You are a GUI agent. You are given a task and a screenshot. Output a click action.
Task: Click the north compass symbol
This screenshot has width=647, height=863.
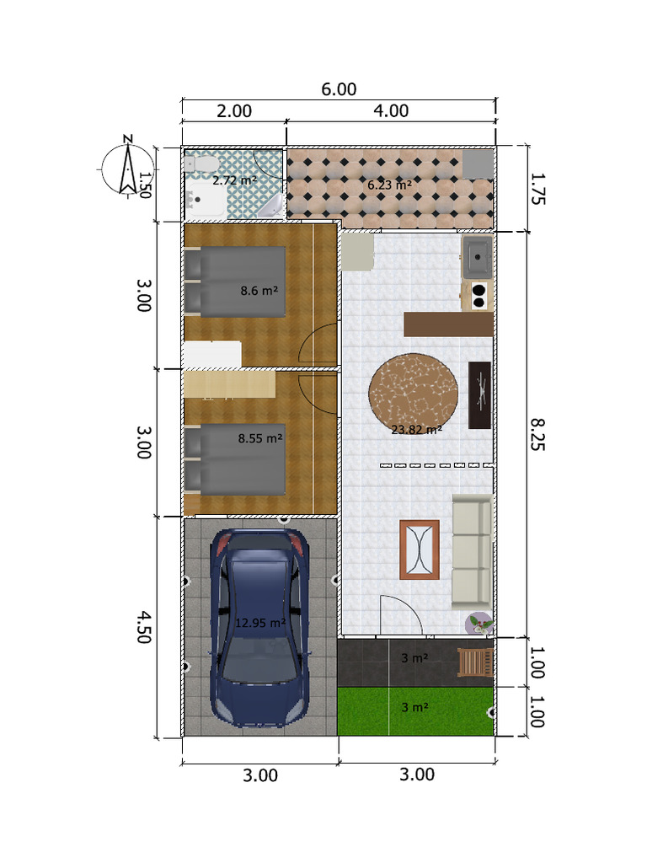point(126,166)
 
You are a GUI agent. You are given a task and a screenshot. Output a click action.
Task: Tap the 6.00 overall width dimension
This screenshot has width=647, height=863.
point(339,89)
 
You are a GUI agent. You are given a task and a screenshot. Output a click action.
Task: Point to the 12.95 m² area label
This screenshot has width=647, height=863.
point(260,623)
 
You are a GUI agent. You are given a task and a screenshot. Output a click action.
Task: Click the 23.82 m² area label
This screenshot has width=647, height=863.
point(416,429)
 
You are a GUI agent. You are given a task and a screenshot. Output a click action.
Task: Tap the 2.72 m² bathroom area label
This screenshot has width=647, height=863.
point(234,180)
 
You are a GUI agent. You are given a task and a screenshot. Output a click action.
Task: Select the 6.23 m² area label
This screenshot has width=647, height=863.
point(389,184)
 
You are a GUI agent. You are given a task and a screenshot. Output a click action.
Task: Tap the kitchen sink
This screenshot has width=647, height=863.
point(477,255)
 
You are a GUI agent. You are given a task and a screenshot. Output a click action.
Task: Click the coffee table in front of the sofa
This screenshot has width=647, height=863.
point(419,549)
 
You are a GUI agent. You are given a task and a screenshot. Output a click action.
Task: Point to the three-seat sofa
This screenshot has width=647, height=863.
point(472,551)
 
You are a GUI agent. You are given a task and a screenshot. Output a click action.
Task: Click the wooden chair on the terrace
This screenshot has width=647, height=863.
point(474,662)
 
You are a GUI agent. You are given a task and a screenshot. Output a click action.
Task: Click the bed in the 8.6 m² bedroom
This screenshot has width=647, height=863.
point(236,281)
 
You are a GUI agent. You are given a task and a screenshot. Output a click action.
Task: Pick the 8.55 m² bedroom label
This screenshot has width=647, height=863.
point(259,438)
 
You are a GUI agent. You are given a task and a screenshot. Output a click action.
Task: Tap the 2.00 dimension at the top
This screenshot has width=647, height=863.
point(234,110)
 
